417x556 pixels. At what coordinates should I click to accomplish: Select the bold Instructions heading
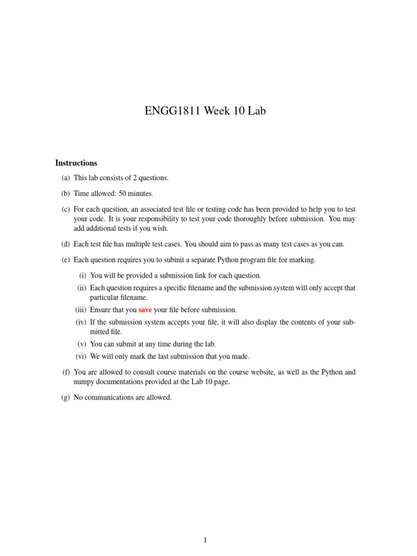tap(76, 163)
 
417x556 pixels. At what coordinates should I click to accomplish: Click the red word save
tap(145, 310)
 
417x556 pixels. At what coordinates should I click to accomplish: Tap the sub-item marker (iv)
tap(81, 322)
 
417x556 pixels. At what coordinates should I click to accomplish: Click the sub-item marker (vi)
tap(81, 356)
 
